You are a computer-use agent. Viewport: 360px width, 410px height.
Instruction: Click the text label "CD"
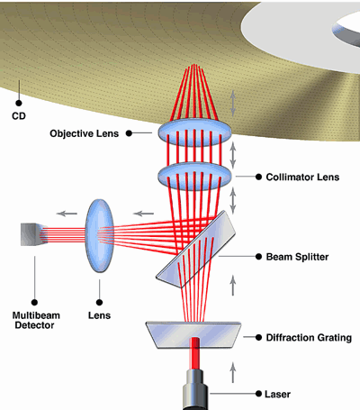19,116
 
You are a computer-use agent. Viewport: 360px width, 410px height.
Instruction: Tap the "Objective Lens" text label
85,133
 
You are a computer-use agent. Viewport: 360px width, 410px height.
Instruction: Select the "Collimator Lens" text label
302,177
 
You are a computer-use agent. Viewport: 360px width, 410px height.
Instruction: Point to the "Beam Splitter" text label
297,257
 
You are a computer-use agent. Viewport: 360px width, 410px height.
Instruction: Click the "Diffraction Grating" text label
309,338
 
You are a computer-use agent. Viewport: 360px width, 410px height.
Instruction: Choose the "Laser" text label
277,394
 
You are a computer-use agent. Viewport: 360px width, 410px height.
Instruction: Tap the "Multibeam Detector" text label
36,320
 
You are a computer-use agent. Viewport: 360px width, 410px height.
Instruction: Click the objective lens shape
195,132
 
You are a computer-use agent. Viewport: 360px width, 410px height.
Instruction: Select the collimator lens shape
195,177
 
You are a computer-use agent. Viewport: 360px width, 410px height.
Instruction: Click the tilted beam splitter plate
195,250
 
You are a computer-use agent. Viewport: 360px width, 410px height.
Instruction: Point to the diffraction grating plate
193,335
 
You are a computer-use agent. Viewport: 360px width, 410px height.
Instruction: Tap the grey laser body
195,390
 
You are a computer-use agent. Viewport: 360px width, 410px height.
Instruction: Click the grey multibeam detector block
33,234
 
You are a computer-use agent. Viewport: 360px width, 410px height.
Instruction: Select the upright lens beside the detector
100,236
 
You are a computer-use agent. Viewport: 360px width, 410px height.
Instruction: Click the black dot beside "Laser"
258,394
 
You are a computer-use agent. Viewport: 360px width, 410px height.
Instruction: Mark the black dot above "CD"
19,103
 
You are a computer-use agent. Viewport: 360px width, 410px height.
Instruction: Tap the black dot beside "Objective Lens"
129,133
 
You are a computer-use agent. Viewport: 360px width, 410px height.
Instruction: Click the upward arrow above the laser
233,372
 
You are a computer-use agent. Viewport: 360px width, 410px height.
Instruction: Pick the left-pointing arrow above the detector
67,214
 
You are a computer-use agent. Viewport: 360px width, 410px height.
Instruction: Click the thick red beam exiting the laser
195,353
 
